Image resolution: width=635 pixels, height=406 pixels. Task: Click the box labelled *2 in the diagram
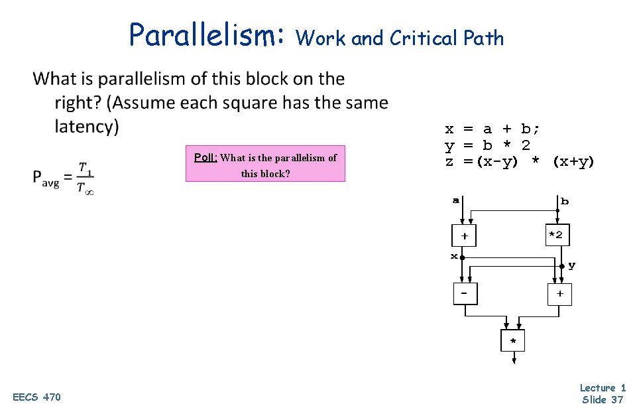557,235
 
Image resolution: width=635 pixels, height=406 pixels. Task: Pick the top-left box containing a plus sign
465,236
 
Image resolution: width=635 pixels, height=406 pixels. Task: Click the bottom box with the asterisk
512,341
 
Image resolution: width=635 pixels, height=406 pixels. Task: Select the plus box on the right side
559,293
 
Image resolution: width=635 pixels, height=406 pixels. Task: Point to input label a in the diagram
455,199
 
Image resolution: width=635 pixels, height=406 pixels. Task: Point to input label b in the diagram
564,200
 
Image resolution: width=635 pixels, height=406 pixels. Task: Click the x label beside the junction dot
454,255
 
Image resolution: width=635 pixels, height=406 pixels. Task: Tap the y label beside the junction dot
571,265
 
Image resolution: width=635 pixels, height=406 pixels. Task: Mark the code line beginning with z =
519,161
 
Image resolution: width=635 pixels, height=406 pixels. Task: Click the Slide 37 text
602,399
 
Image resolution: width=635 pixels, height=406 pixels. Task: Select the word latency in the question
86,126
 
